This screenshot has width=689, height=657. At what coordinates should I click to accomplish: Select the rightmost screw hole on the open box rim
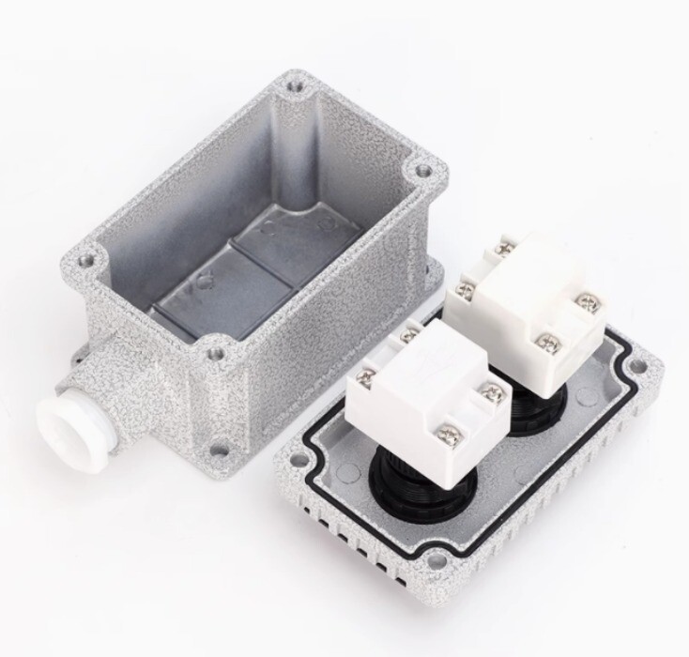point(423,171)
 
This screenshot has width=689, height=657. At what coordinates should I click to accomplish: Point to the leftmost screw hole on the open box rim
point(87,255)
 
